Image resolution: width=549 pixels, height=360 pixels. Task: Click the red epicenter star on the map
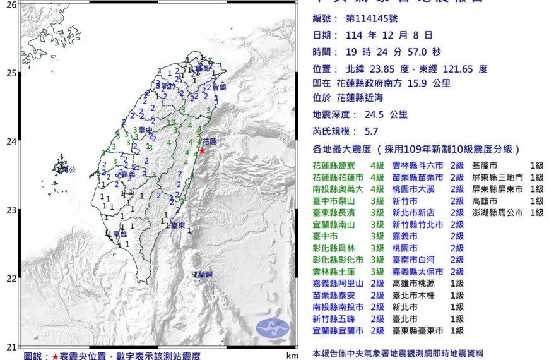click(202, 151)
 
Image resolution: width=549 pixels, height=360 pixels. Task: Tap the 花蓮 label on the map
click(209, 141)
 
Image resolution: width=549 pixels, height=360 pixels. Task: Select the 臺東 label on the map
click(178, 225)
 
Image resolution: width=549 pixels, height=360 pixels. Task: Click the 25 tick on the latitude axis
click(11, 73)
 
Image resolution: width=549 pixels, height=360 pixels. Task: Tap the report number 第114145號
click(372, 19)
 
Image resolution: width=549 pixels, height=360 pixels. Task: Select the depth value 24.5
click(376, 115)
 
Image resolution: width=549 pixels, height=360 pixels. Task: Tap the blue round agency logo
click(273, 328)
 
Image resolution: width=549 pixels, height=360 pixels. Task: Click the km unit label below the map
click(291, 356)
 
